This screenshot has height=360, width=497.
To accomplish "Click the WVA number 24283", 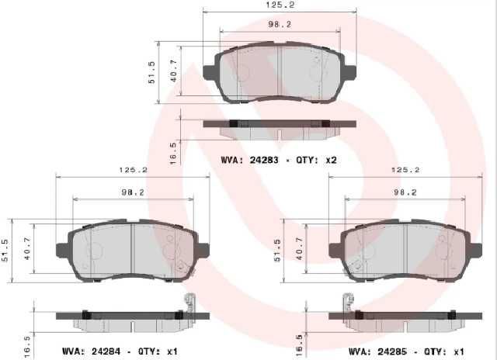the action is [x=264, y=160].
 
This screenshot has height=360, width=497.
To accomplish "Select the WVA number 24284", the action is [x=106, y=351].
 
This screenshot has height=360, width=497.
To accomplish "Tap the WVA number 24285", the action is [x=392, y=351].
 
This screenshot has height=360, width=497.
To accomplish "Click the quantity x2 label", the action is [x=332, y=160].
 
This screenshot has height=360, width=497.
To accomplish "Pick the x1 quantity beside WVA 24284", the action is [x=172, y=351].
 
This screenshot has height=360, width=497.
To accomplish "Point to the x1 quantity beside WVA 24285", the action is [x=459, y=351].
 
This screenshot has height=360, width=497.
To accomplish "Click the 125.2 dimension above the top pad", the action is [x=280, y=5].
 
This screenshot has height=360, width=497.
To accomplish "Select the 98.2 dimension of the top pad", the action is [x=280, y=24].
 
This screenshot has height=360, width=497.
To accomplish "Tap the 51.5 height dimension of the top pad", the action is [x=152, y=72].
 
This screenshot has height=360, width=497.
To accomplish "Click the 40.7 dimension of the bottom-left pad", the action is [x=28, y=249].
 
